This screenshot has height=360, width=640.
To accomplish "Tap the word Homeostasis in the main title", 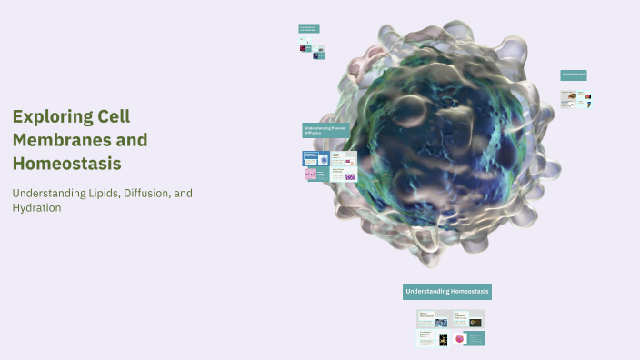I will coord(66,164).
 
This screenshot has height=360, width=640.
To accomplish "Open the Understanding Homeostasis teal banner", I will coord(447,292).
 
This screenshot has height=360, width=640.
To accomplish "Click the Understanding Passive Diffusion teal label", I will coord(325,131).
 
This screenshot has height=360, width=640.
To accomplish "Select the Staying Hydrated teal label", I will coord(573,75).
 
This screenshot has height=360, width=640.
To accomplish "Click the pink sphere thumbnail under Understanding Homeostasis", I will coord(460,339).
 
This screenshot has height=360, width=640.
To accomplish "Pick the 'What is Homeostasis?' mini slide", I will coord(425,319).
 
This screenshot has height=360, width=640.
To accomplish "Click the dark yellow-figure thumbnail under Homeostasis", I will coord(442,339).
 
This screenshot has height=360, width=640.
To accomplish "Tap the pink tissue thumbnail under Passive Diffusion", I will coord(311,174).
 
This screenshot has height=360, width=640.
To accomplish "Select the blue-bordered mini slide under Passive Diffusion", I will coord(310,157).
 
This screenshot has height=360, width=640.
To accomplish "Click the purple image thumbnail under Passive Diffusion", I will coord(350,176).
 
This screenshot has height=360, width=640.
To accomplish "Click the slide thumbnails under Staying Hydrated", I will coord(575,99).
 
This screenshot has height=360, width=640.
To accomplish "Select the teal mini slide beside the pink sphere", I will coord(475,338).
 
